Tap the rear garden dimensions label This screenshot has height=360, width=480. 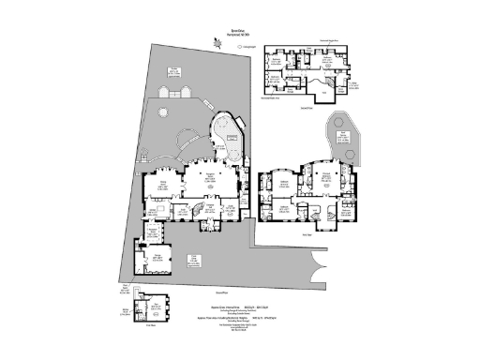(x=175, y=69)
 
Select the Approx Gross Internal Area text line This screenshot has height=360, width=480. (x=228, y=306)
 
